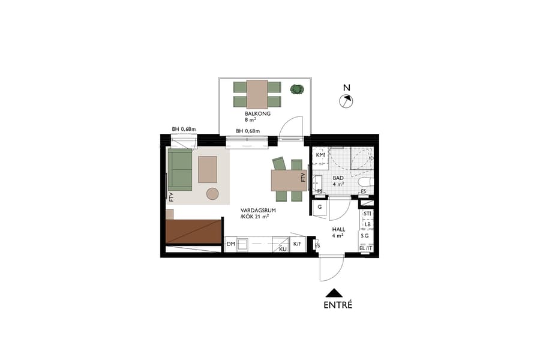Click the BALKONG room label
(257, 113)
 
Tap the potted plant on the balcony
(296, 89)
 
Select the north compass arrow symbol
(347, 101)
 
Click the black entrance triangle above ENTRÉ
(334, 293)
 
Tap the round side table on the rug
(212, 193)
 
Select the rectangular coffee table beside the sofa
(208, 169)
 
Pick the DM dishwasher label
(231, 244)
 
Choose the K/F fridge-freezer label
(298, 244)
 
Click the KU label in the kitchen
(283, 248)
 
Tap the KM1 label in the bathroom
(321, 155)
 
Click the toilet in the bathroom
(365, 181)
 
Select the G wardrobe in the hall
(320, 207)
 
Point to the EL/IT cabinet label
(365, 248)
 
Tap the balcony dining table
(257, 94)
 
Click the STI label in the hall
(367, 214)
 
